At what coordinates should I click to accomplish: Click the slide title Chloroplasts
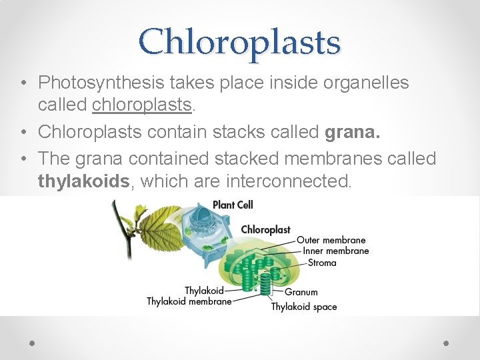239,42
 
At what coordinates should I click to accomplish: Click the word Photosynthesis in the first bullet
100,83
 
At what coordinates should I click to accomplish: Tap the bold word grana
352,132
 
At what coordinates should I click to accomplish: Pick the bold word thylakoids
83,180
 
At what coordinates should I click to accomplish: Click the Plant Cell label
233,205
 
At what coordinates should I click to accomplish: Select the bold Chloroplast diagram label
265,229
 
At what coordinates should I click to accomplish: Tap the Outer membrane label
331,240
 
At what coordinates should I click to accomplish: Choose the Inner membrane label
335,251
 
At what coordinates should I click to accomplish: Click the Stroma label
322,263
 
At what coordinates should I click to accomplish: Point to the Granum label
301,291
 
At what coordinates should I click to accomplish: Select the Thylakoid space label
304,307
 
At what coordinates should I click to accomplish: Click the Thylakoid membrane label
189,301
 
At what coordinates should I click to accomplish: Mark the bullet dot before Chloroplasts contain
23,133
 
